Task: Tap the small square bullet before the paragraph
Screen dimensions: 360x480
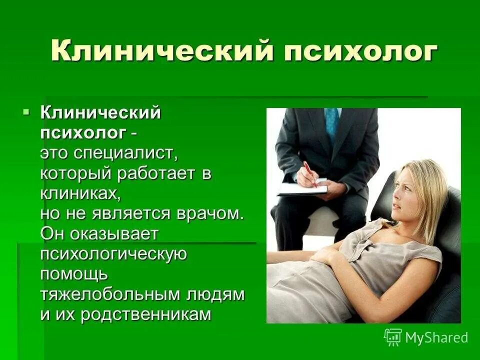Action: click(x=27, y=111)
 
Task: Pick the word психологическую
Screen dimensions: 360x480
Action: click(x=114, y=254)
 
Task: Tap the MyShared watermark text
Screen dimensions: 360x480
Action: click(x=436, y=337)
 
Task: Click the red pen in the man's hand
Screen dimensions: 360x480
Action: click(x=309, y=172)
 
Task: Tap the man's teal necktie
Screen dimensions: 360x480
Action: click(x=331, y=124)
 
